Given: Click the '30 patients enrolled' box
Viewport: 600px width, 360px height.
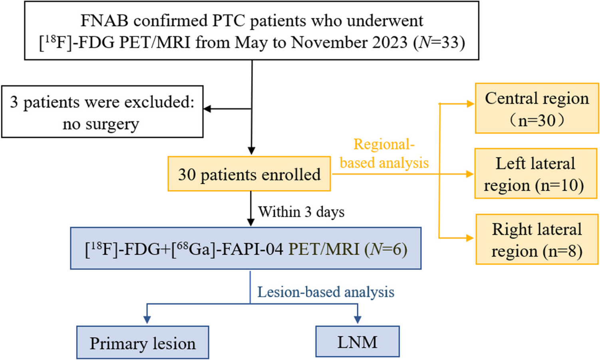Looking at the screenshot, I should coord(249,174).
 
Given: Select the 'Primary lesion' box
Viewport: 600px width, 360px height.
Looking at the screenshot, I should coord(143,343).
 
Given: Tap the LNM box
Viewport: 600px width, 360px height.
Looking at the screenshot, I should coord(357,342).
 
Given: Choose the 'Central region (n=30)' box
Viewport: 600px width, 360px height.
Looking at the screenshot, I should coord(536,108).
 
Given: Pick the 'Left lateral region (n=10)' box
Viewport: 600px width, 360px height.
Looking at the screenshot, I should coord(535,174).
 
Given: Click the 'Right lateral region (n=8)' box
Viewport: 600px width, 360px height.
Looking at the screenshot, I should coord(536,239).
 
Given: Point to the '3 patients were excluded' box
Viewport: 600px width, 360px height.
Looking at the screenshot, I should coord(102,112).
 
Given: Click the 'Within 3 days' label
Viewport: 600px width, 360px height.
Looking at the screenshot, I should coord(301,212).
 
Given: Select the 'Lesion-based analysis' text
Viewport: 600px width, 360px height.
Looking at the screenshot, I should coord(326,292).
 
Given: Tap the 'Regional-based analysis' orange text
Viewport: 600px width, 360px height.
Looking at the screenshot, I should coord(384,153).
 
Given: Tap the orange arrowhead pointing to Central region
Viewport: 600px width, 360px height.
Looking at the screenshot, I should coord(470,104).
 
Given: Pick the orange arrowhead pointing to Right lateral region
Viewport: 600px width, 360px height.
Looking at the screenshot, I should coord(470,238).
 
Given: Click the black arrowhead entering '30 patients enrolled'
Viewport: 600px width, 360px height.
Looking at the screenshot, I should coord(251,151).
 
